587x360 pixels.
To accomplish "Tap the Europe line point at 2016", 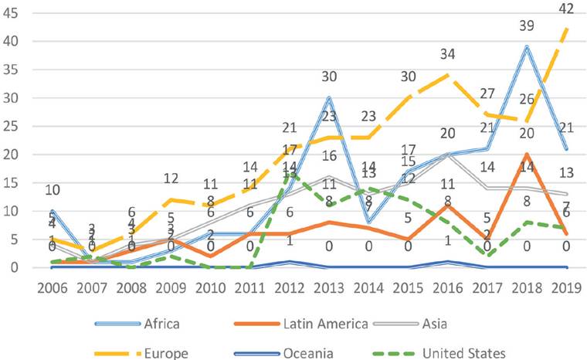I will pos(448,75).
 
